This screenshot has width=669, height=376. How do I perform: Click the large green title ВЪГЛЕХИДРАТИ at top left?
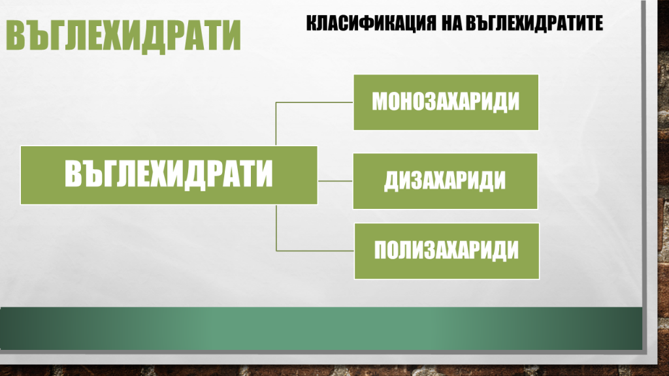tap(123, 37)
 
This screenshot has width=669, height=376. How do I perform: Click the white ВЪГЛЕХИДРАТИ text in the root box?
tap(169, 175)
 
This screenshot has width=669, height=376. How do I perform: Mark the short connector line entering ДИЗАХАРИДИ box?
tap(335, 180)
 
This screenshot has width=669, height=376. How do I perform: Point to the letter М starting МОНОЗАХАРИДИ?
tap(380, 102)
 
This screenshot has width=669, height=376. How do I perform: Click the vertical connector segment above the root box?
tap(276, 124)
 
